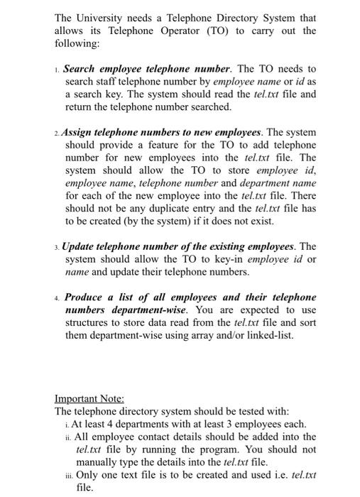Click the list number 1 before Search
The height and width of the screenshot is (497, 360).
57,70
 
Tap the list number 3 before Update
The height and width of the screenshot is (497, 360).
57,246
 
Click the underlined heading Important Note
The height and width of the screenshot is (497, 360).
89,398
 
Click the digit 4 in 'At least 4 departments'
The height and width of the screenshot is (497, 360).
111,424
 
